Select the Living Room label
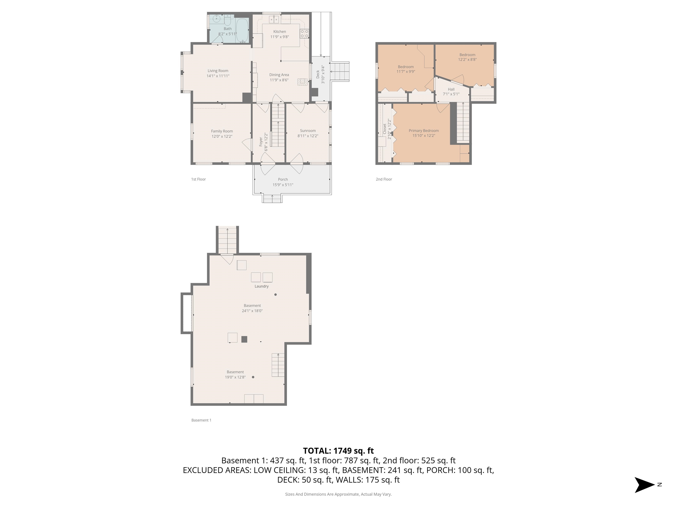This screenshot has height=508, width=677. coord(218,71)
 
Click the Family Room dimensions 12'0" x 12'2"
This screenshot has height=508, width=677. coord(222,136)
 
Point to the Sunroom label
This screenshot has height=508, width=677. coord(308,131)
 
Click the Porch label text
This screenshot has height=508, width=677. coord(283,179)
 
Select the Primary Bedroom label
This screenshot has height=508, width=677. coord(424,131)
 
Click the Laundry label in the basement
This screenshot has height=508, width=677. coord(261,286)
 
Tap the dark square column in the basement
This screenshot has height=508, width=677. coord(244,339)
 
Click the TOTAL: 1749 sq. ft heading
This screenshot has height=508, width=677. coord(338,451)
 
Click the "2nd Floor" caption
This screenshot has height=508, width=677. coord(384,179)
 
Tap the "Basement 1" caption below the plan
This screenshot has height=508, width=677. coord(201,420)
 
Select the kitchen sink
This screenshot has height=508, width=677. coord(274,20)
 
